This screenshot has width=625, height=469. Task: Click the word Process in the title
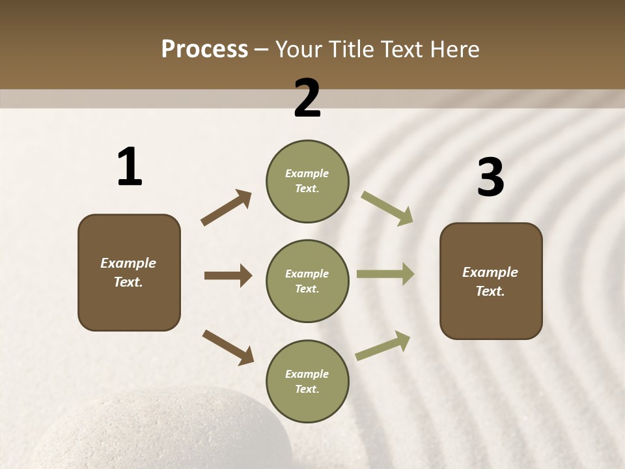(204, 50)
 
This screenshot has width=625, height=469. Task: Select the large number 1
(129, 167)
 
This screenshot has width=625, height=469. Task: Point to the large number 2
(307, 98)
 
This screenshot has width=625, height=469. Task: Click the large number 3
(490, 177)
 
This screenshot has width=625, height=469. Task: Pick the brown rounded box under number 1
(129, 272)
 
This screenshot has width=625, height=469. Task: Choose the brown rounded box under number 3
(491, 281)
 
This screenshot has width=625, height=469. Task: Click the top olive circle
(307, 181)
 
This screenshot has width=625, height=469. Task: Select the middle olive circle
(307, 281)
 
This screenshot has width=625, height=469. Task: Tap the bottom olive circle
(307, 382)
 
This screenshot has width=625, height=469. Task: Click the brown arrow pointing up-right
(227, 207)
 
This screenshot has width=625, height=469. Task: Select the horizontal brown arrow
(228, 276)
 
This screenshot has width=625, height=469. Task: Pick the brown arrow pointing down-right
(228, 347)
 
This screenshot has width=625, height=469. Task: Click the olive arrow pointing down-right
(387, 208)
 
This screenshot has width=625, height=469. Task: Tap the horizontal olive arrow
(385, 274)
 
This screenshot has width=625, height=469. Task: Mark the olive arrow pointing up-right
(383, 345)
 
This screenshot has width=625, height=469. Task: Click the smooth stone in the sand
(163, 430)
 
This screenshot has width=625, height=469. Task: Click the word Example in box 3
(490, 272)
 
